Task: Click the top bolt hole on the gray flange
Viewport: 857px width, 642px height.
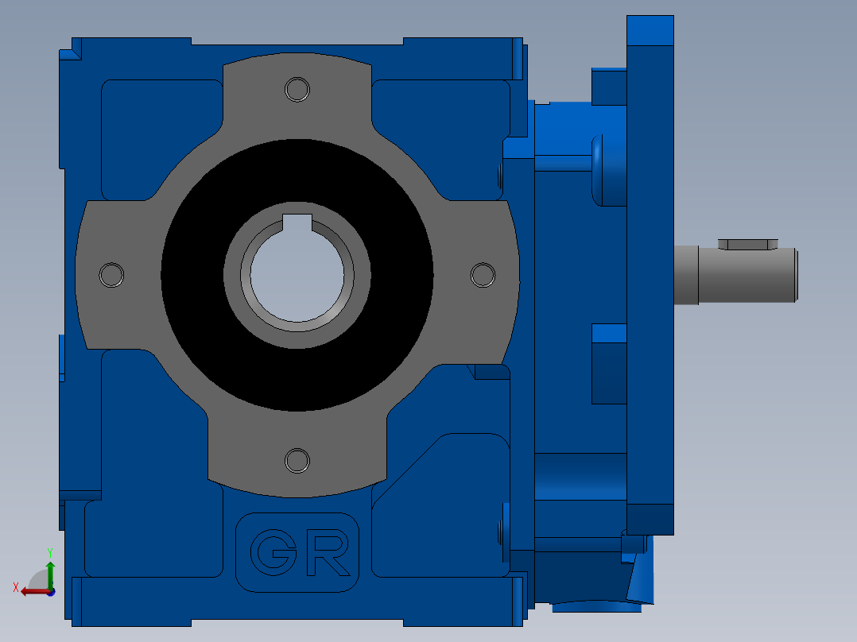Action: point(297,89)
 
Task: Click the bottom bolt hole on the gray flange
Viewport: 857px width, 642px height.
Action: point(297,461)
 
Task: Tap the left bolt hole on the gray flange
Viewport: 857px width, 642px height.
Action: point(111,275)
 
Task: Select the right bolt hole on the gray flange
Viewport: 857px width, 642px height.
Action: point(483,275)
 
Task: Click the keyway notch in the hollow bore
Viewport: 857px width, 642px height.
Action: point(297,222)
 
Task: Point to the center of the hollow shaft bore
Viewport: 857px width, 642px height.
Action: point(297,276)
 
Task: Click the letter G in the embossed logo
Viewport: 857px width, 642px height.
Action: point(273,552)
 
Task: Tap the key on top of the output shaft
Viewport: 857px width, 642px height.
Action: point(747,244)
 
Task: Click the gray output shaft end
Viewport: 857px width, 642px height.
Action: point(747,275)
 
